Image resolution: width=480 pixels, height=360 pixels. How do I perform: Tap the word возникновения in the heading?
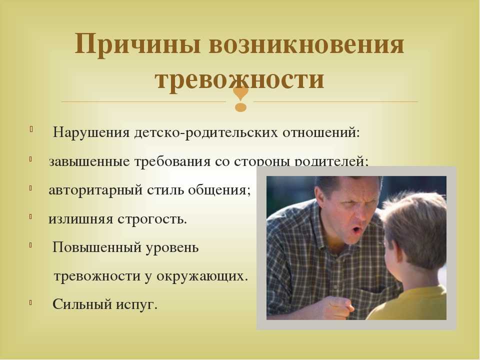[x=306, y=44]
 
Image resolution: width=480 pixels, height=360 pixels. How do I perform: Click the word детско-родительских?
[x=206, y=133]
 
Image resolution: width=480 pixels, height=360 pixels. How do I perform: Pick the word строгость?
[x=152, y=219]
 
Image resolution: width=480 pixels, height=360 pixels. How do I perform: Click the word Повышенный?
[x=96, y=247]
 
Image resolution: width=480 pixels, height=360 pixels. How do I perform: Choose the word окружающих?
[x=201, y=276]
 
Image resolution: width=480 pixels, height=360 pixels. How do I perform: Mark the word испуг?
[x=136, y=305]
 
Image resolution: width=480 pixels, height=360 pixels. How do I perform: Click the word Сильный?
[x=82, y=304]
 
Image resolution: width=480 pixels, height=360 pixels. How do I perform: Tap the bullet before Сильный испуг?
[x=30, y=303]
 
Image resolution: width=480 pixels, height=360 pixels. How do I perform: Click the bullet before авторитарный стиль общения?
[x=30, y=188]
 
